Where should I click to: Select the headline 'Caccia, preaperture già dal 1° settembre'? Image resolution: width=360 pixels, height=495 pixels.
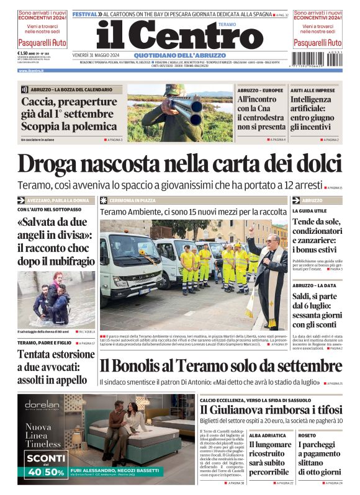coord(69,114)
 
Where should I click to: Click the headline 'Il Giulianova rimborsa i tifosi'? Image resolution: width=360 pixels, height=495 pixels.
coord(271,410)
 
